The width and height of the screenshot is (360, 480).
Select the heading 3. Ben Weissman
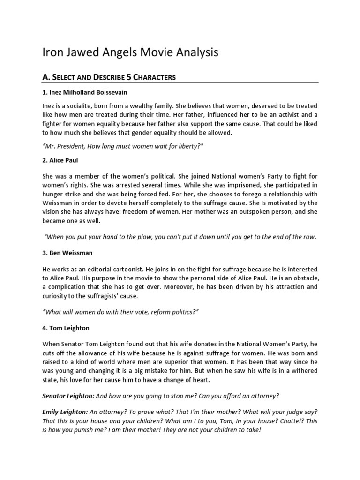click(67, 253)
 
